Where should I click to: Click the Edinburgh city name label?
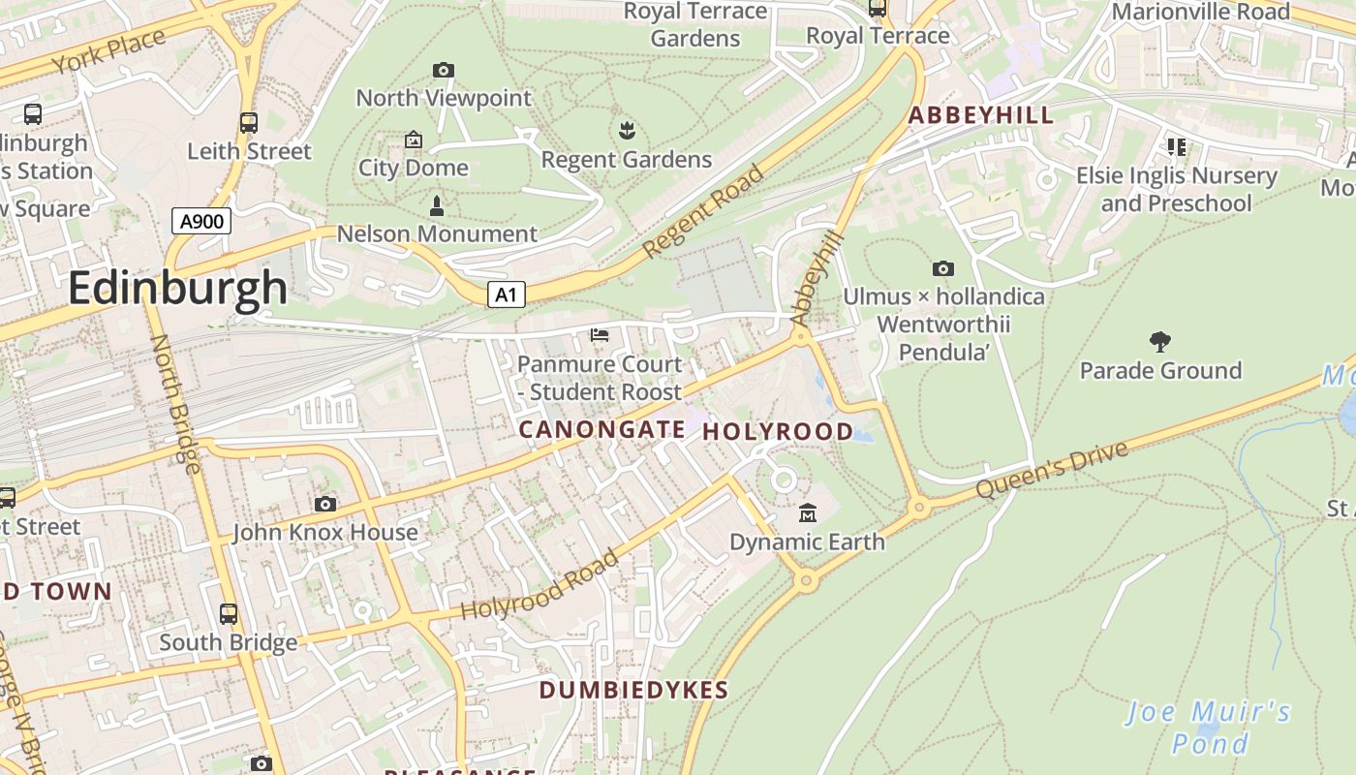pyautogui.click(x=177, y=289)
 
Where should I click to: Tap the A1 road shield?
pyautogui.click(x=506, y=294)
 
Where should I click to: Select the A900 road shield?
pyautogui.click(x=202, y=221)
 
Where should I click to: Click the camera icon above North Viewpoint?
pyautogui.click(x=444, y=70)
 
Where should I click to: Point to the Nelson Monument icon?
pyautogui.click(x=436, y=206)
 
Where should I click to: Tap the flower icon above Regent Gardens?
pyautogui.click(x=626, y=130)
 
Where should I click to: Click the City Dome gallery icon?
pyautogui.click(x=414, y=140)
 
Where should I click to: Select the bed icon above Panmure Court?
pyautogui.click(x=600, y=335)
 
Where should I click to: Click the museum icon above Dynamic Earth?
pyautogui.click(x=808, y=512)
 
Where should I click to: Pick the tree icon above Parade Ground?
pyautogui.click(x=1160, y=341)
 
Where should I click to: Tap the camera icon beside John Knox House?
pyautogui.click(x=325, y=504)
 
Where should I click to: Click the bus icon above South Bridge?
pyautogui.click(x=229, y=613)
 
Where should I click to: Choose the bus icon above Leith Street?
pyautogui.click(x=249, y=123)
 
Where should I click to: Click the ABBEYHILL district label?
pyautogui.click(x=980, y=115)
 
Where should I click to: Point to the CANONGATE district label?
pyautogui.click(x=602, y=428)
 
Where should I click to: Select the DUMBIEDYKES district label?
pyautogui.click(x=633, y=690)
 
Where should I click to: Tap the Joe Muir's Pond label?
pyautogui.click(x=1208, y=728)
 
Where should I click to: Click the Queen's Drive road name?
pyautogui.click(x=1052, y=470)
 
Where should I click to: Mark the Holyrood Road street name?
pyautogui.click(x=539, y=586)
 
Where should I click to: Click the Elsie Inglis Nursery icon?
pyautogui.click(x=1177, y=147)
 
